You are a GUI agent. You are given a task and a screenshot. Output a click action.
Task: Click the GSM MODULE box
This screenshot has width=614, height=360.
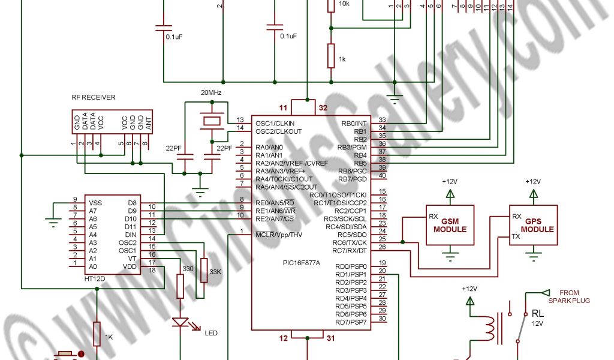coord(450,225)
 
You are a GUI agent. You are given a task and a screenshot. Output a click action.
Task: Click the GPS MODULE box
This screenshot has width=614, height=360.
coord(533,225)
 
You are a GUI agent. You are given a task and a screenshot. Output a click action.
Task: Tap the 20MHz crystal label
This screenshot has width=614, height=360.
coord(212,92)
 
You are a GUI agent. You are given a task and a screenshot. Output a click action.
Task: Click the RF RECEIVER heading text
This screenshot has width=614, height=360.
coord(93,97)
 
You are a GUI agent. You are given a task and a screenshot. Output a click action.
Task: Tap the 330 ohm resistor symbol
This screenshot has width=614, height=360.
coord(180,286)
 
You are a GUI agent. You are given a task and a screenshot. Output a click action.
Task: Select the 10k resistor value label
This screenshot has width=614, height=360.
coord(344,4)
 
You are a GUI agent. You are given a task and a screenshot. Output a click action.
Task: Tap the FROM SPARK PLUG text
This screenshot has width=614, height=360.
coord(570,296)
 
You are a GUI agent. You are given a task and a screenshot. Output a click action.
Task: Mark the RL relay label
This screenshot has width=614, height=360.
coord(537,313)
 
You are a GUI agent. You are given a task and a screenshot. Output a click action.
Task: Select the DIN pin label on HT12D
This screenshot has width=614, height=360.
coord(131,235)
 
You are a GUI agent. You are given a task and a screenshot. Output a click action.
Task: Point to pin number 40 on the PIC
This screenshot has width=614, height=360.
coord(382,175)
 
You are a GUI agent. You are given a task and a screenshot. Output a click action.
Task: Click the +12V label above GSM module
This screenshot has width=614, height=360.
coord(450,181)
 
